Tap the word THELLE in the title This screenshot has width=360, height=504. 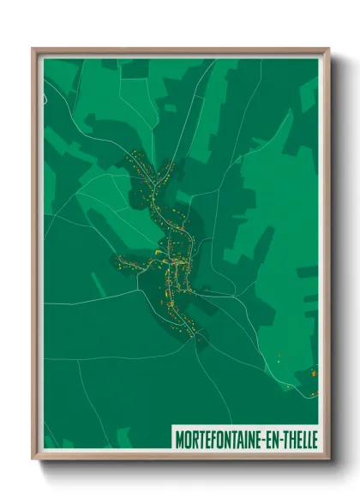click(301, 437)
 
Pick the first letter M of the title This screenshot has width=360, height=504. click(178, 437)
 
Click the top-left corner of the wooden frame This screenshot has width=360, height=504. click(33, 50)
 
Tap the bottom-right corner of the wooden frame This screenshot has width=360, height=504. click(328, 458)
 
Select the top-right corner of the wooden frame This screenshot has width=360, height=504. click(328, 50)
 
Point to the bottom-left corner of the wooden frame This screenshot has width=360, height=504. click(33, 458)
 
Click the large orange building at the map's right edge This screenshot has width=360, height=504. click(314, 372)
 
